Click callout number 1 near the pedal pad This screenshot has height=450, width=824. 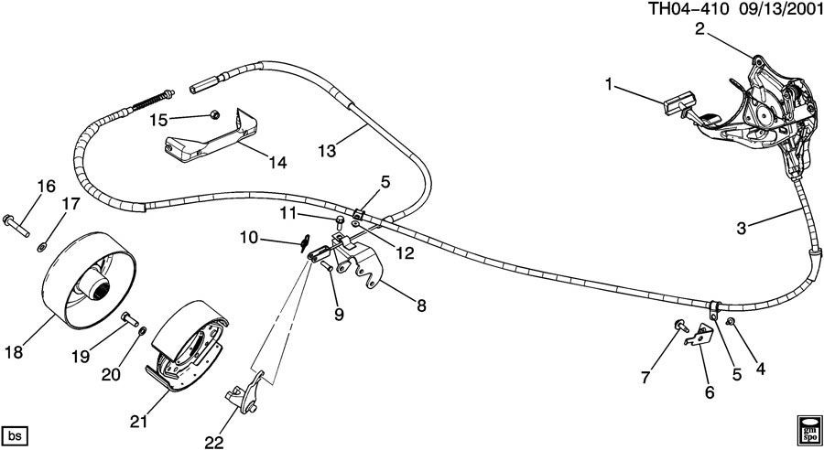[610, 85]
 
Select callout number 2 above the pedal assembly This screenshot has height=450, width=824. [699, 29]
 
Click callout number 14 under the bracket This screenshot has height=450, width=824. [276, 163]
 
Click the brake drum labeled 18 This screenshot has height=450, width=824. [88, 282]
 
